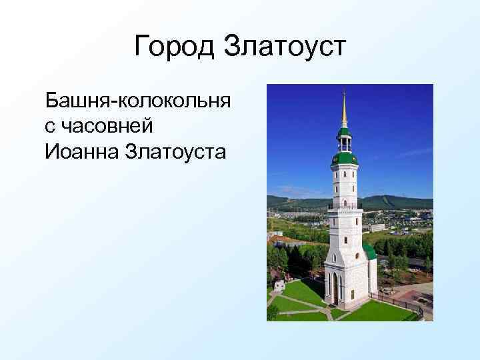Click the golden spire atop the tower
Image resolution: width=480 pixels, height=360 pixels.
coord(344,110)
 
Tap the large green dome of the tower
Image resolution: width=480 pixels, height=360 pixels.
coord(345,159)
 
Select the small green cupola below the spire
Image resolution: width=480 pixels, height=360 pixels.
coord(344,131)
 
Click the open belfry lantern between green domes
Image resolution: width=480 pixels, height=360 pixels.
coord(345,144)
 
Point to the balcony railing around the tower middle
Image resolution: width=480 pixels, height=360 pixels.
coord(345,209)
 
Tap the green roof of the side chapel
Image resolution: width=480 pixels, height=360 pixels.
coord(369,252)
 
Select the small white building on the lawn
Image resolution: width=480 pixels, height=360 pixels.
coord(279,285)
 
